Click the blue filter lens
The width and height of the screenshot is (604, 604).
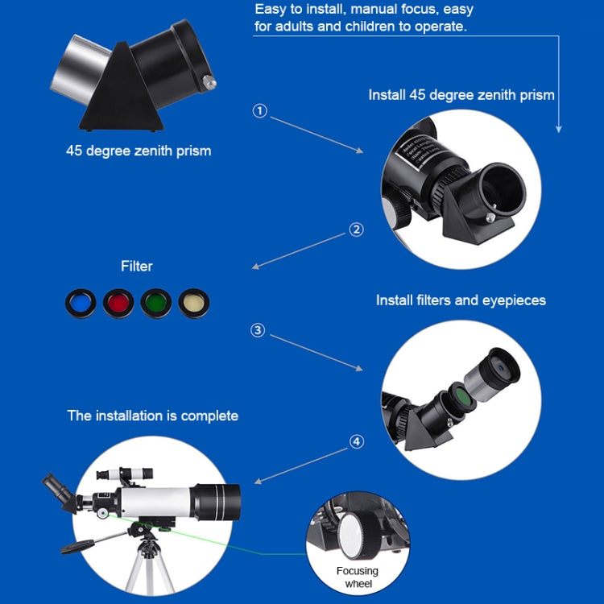point(81,302)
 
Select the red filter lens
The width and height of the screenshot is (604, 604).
point(118,302)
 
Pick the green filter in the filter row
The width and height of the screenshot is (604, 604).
point(156,302)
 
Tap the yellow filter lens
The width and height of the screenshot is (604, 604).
point(194,302)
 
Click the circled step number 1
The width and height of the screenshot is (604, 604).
point(259,111)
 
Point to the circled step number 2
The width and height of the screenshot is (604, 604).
point(356,230)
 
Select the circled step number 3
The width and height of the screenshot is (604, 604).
point(258,330)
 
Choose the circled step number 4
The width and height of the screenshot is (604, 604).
point(357,441)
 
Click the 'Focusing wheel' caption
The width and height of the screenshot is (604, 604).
point(357,577)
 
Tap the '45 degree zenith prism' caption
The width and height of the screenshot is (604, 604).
point(139,151)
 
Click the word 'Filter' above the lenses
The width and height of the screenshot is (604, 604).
point(136,266)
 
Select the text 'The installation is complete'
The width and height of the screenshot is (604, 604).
point(152,416)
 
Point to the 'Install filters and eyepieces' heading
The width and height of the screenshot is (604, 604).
point(461,300)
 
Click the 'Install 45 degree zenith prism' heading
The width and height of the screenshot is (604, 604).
point(461,95)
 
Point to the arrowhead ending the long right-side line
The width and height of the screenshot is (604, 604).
point(559,128)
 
